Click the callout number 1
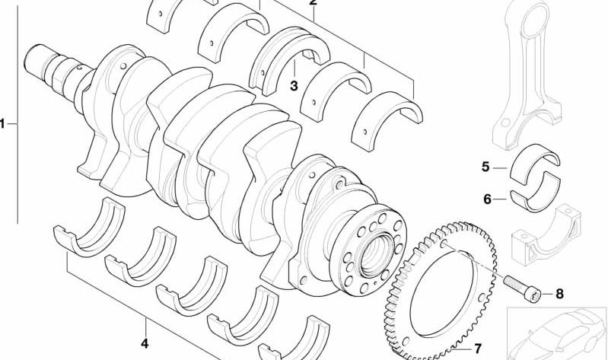point(2,124)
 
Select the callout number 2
point(313,2)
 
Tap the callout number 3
point(294,86)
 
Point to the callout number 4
point(145,343)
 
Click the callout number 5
point(485,167)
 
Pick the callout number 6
point(487,199)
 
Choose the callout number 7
point(478,349)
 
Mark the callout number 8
point(559,294)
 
